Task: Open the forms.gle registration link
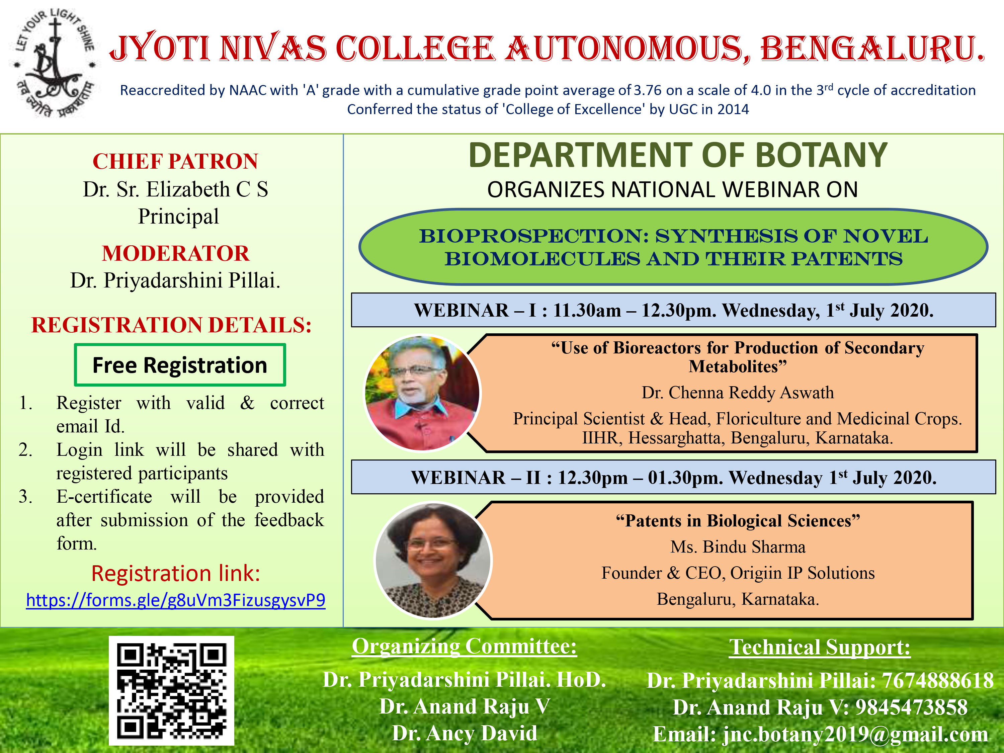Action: click(x=176, y=600)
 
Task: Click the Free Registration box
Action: click(x=180, y=365)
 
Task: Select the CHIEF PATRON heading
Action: click(x=176, y=161)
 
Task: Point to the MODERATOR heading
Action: click(x=176, y=253)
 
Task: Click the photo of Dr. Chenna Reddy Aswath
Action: click(x=423, y=393)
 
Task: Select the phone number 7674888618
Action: click(x=937, y=681)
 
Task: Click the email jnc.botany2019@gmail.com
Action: click(x=855, y=734)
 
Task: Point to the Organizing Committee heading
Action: click(x=464, y=646)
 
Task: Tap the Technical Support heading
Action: click(x=820, y=647)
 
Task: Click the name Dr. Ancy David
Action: click(x=464, y=733)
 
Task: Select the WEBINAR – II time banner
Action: click(x=674, y=477)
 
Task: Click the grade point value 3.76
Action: click(x=648, y=90)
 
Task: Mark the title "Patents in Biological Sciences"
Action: click(x=738, y=521)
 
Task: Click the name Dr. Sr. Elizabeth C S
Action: click(x=176, y=189)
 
